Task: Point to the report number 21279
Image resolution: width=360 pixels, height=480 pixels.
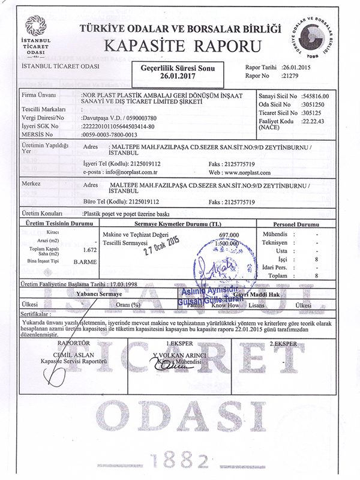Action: click(x=293, y=76)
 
